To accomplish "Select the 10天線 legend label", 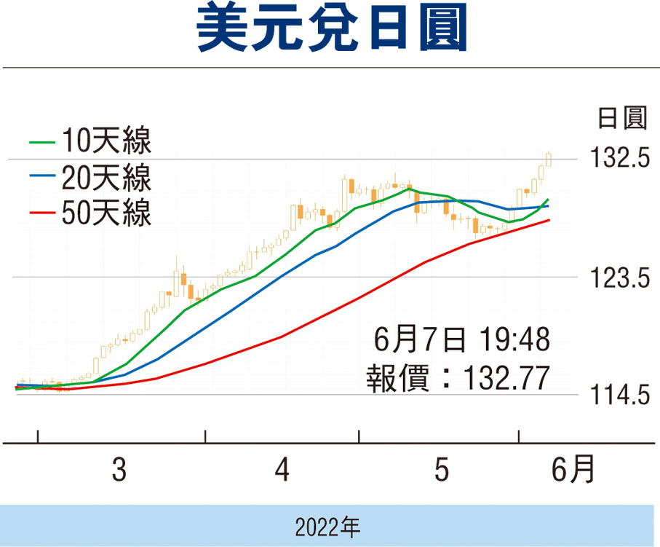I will [106, 141].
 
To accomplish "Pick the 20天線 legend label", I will [106, 177].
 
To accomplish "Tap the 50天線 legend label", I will [106, 213].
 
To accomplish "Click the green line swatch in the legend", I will [41, 141].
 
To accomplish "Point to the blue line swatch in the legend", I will [41, 177].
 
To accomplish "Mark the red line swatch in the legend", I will [41, 213].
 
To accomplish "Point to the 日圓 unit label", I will [621, 118].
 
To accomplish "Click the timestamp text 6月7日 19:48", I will [461, 339].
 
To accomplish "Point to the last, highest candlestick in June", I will [548, 159].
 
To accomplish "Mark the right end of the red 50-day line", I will [549, 220].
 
